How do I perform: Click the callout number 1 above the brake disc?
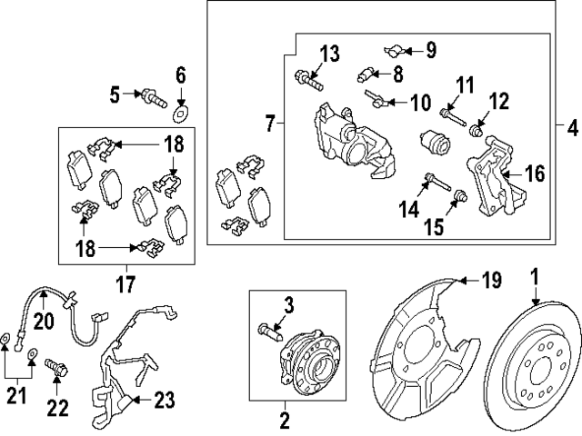[x=535, y=277]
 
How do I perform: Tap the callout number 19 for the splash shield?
[x=491, y=280]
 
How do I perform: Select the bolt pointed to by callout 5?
[x=152, y=99]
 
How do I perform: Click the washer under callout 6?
[x=181, y=114]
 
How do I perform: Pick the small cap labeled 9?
[x=394, y=51]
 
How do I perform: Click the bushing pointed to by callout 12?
[x=476, y=131]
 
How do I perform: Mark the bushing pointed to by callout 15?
[x=460, y=194]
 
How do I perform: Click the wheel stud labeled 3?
[x=269, y=332]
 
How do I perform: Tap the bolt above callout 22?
[x=56, y=366]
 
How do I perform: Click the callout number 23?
[x=165, y=401]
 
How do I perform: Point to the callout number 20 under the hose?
[x=44, y=321]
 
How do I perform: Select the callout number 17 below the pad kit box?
[x=125, y=284]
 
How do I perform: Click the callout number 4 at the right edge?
[x=573, y=129]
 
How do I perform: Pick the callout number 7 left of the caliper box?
[x=270, y=124]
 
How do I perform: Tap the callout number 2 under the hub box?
[x=285, y=421]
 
